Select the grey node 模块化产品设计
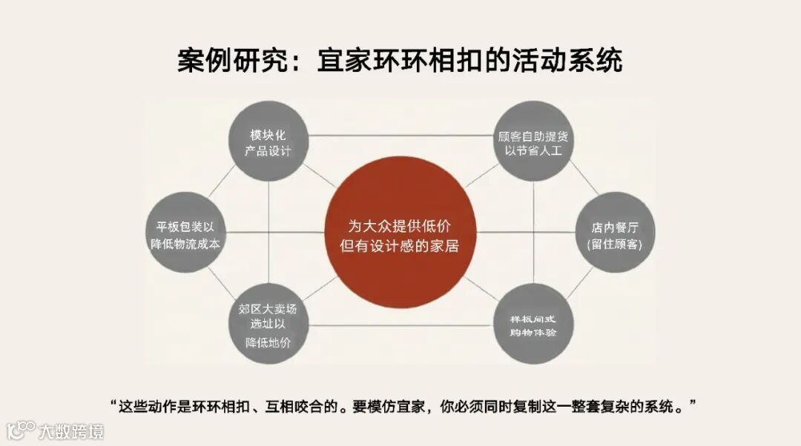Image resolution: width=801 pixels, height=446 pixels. pyautogui.click(x=268, y=142)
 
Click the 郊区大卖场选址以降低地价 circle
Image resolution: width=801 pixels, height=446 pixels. pyautogui.click(x=268, y=325)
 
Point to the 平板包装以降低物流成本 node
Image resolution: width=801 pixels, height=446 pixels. pyautogui.click(x=185, y=235)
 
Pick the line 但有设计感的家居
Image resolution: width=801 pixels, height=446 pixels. pyautogui.click(x=400, y=246)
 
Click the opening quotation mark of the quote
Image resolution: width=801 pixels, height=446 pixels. pyautogui.click(x=113, y=403)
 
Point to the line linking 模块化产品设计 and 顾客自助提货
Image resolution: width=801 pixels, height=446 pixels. pyautogui.click(x=400, y=136)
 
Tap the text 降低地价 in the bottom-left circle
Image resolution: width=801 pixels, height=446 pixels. pyautogui.click(x=268, y=342)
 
